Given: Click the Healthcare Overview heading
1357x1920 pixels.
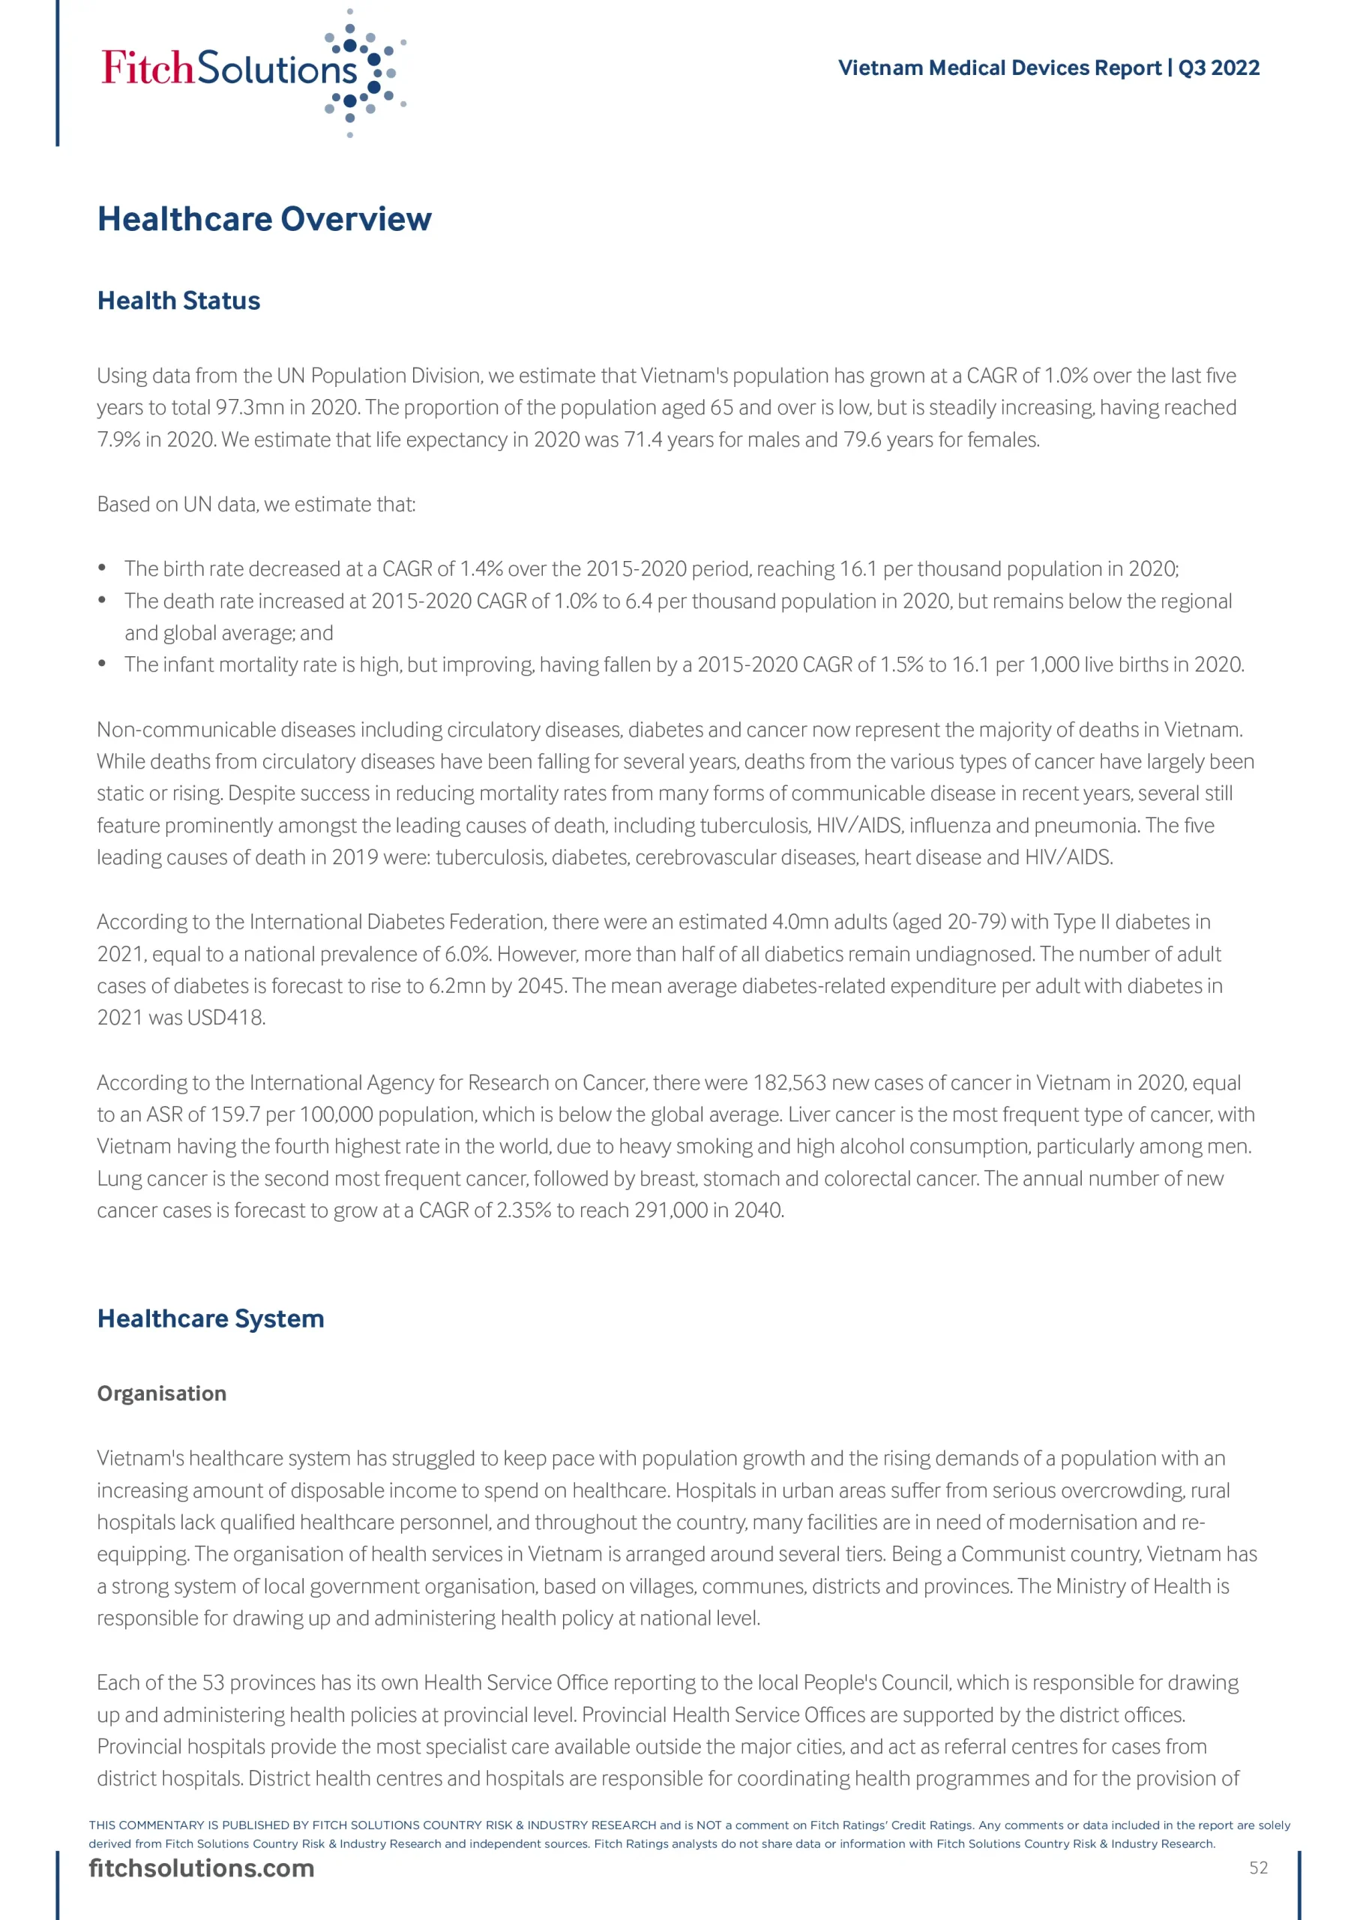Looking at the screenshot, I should click(264, 219).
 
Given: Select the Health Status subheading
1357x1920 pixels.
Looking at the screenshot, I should click(178, 301).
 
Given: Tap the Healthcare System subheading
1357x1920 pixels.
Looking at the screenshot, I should click(210, 1318).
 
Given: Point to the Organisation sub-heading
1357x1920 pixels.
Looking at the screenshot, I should click(161, 1393).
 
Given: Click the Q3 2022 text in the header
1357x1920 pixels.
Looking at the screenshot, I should click(1218, 67).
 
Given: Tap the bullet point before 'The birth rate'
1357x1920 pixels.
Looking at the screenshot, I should click(102, 568).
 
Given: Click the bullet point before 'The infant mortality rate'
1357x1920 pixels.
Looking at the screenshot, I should click(102, 664).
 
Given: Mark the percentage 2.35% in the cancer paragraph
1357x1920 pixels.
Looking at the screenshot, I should click(523, 1210).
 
